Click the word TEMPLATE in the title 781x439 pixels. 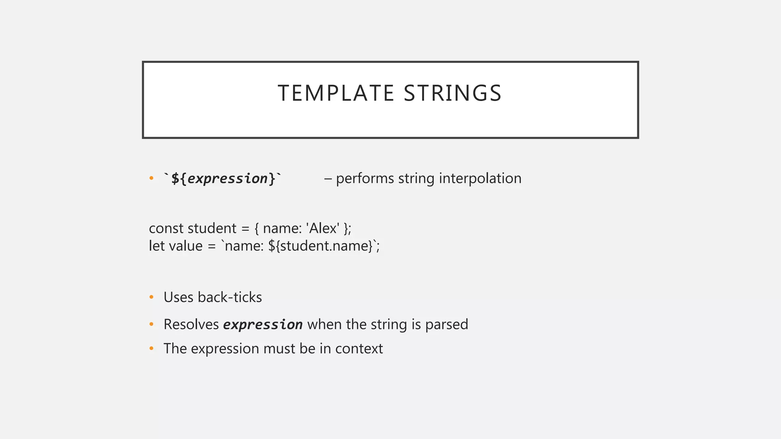pos(336,93)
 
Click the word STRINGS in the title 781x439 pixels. pos(453,93)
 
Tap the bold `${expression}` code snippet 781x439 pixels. pos(223,178)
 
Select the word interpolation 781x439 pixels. pos(480,178)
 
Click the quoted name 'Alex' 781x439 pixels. pos(323,228)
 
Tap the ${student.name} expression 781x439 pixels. pos(320,246)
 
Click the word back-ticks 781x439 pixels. pos(230,297)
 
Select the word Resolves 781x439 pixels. pos(191,324)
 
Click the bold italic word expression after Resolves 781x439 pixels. pos(263,325)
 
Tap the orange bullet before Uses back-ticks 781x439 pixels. pos(151,297)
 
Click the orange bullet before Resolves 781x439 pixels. pos(151,324)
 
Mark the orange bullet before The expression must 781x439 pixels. pos(151,348)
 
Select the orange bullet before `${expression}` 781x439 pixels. pos(151,178)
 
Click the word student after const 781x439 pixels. pos(212,228)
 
